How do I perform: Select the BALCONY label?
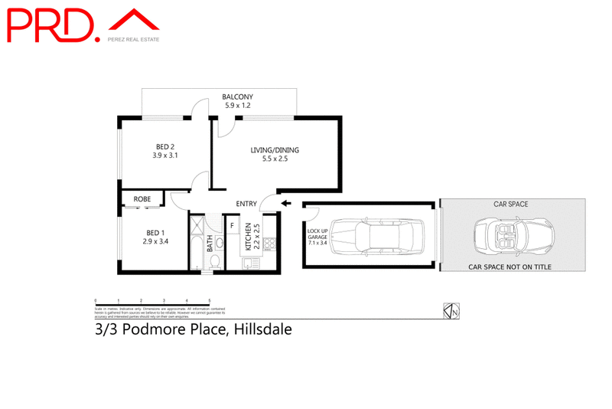coord(236,97)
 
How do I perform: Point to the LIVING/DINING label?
coord(275,150)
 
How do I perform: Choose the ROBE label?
coord(142,199)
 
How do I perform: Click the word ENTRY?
coord(246,203)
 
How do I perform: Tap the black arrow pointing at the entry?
coord(286,203)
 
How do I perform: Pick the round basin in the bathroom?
coord(218,243)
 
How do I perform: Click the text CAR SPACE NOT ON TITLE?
coord(509,267)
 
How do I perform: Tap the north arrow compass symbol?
coord(451,311)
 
